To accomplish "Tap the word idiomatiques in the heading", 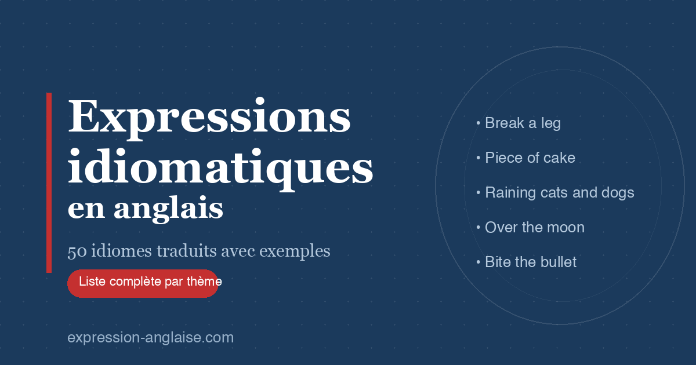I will [x=220, y=167].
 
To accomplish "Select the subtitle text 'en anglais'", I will [x=145, y=209].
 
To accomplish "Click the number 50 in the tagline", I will [x=75, y=251].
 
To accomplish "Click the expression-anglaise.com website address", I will [x=150, y=338].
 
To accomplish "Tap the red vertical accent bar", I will [x=49, y=183].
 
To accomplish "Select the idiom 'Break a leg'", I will [x=522, y=123].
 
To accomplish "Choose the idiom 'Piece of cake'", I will [x=530, y=158].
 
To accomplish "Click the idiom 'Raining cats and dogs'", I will [x=559, y=193].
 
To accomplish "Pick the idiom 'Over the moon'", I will [x=534, y=228].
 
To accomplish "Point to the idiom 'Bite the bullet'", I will [x=530, y=262].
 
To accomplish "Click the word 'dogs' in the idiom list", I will [x=618, y=193].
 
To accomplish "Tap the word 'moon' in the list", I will [x=566, y=228].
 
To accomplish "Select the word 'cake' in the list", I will [x=559, y=158].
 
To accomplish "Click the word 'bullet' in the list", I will [x=559, y=262].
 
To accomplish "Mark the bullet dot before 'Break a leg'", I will [x=478, y=123].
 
